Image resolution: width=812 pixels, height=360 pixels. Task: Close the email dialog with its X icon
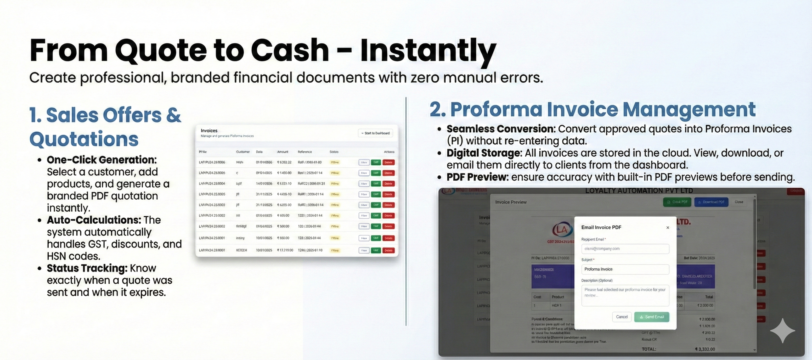click(x=668, y=228)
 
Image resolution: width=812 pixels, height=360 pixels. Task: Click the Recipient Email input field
click(x=625, y=249)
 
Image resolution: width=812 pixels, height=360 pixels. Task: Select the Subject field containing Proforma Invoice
click(x=625, y=269)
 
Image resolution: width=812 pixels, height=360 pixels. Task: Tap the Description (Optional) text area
click(x=625, y=295)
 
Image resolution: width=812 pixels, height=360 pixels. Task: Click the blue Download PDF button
click(x=711, y=202)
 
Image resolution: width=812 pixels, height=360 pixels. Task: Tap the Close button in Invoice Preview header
click(x=738, y=202)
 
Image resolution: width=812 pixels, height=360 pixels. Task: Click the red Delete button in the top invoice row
click(x=388, y=162)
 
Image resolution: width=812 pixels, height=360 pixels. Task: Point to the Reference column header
click(x=304, y=152)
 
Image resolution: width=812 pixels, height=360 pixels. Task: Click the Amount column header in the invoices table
click(x=283, y=152)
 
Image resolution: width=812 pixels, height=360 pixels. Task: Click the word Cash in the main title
click(x=290, y=50)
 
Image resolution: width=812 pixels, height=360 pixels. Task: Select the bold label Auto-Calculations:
click(x=94, y=220)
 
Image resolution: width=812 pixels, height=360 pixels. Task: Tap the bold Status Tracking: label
click(x=87, y=268)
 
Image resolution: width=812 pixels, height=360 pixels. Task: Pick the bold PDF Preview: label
click(x=477, y=177)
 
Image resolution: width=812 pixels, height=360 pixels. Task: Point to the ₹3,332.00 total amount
click(x=705, y=349)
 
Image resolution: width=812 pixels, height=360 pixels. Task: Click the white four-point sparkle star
click(x=782, y=331)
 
